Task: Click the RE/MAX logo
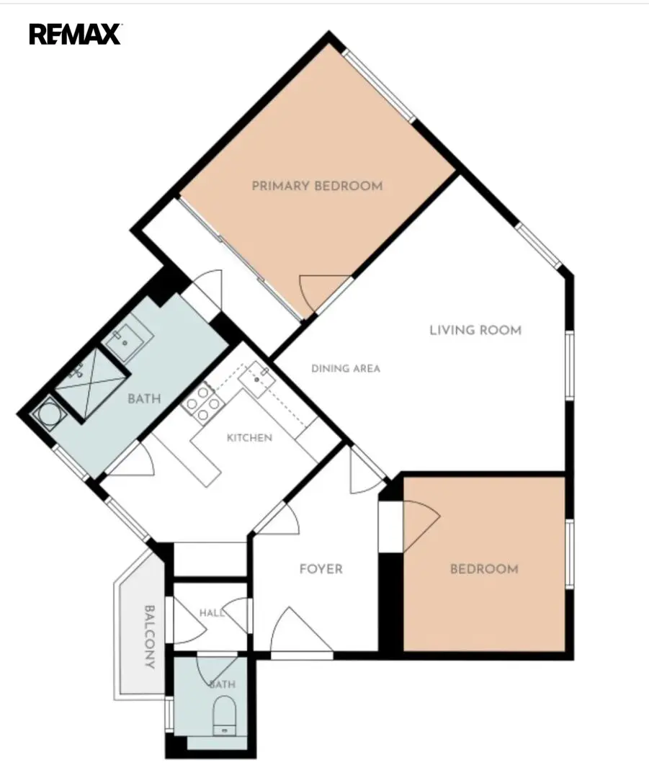pos(76,35)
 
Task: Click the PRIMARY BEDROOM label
pos(318,186)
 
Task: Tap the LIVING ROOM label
pos(475,330)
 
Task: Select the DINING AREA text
pos(346,368)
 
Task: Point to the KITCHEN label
pos(249,438)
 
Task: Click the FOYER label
pos(321,568)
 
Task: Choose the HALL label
pos(212,613)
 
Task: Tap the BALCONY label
pos(149,637)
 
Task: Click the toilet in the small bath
pos(225,715)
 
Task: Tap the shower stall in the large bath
pos(91,385)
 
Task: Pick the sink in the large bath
pos(125,342)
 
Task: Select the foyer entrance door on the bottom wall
pos(302,630)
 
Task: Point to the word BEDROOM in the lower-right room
pos(484,568)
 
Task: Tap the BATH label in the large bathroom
pos(144,398)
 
